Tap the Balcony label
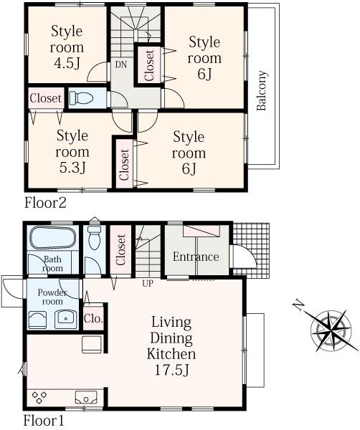(262, 92)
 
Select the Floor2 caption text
(46, 203)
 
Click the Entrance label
(196, 257)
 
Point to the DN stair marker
(120, 64)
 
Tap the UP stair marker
(148, 282)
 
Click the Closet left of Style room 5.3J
(45, 97)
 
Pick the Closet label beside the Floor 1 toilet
(120, 250)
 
